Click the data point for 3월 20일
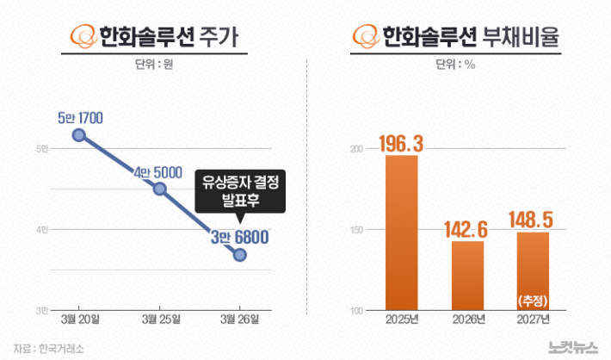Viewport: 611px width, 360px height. [78, 135]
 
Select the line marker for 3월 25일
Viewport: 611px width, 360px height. [159, 188]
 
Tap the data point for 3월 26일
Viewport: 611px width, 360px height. [240, 255]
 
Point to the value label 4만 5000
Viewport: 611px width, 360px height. [158, 172]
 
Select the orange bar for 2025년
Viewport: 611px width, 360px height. [402, 233]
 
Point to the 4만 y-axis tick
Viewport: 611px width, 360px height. [42, 229]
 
